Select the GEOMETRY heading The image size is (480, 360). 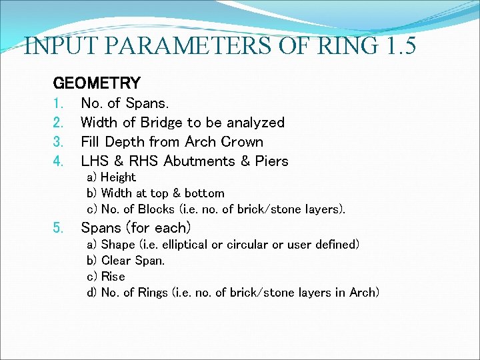[97, 83]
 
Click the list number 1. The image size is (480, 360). [57, 103]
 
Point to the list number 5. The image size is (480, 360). [58, 227]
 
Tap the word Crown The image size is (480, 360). [242, 142]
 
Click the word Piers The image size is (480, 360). [272, 161]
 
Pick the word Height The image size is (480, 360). [118, 177]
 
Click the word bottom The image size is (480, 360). [204, 193]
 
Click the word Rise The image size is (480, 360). [113, 277]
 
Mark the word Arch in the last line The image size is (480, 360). [363, 293]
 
